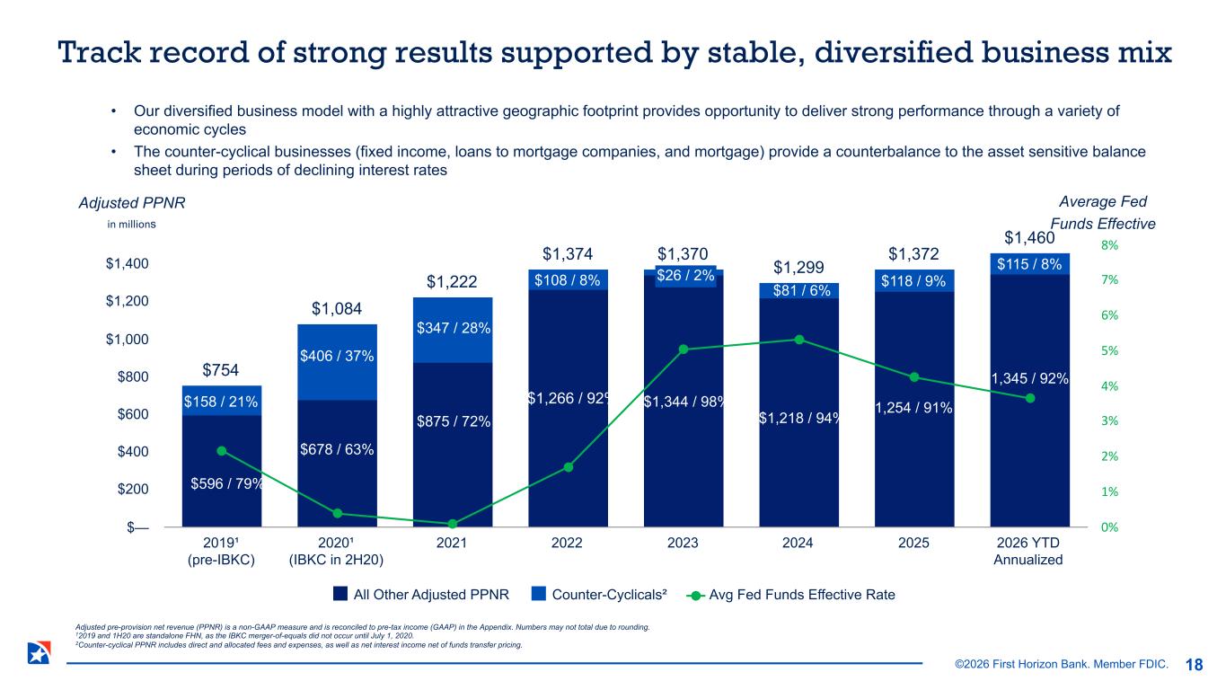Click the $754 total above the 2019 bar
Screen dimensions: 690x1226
(x=221, y=370)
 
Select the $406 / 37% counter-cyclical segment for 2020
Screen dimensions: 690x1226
(x=336, y=358)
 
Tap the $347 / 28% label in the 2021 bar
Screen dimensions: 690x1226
(x=452, y=329)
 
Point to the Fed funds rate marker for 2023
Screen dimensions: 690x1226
(x=683, y=349)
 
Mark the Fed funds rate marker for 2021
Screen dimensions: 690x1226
(x=453, y=524)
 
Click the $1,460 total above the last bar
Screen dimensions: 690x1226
(x=1029, y=237)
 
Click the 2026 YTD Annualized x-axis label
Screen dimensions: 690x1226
(x=1028, y=551)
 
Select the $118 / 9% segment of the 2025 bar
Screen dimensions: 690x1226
(x=913, y=280)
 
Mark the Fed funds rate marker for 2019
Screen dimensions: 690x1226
(x=222, y=451)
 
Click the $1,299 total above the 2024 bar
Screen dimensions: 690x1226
(x=798, y=268)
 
